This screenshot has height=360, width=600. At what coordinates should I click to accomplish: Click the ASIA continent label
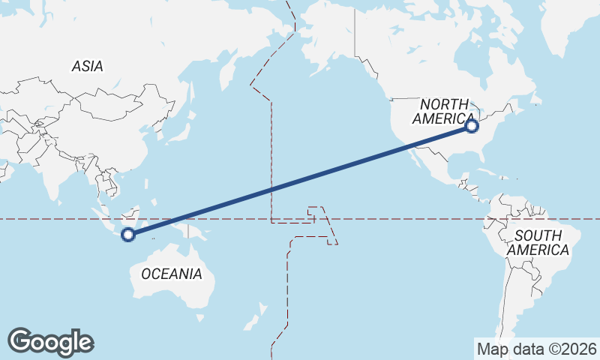(x=87, y=67)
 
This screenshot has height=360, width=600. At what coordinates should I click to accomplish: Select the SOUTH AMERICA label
(x=537, y=243)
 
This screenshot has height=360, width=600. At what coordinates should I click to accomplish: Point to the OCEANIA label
(x=171, y=274)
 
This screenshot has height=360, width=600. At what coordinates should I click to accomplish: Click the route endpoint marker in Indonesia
(x=128, y=235)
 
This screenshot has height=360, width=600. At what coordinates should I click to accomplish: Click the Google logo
(x=50, y=342)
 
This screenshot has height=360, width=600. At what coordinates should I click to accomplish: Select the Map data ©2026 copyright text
(x=536, y=349)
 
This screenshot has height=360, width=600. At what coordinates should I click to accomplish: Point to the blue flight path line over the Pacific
(x=300, y=181)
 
